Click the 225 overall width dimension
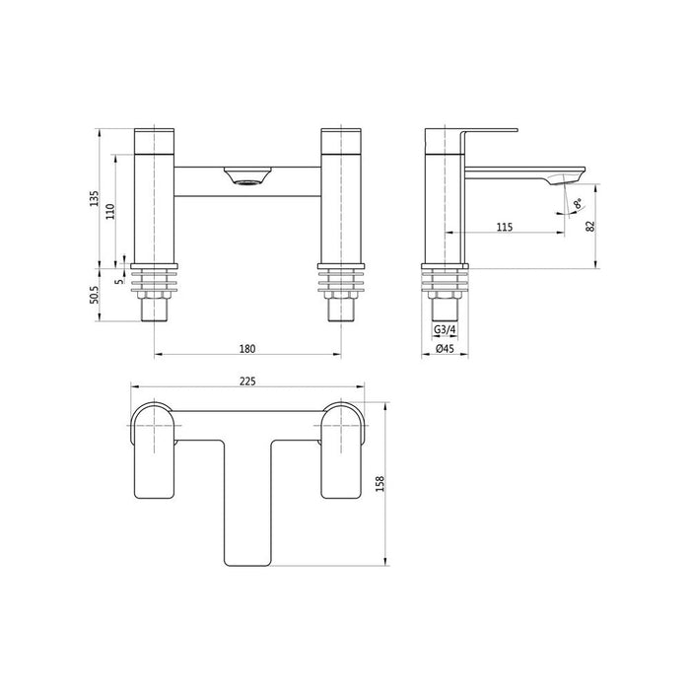(248, 379)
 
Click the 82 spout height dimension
(589, 225)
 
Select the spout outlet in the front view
(246, 178)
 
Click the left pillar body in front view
(153, 197)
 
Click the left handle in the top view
(154, 448)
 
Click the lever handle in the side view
(483, 130)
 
